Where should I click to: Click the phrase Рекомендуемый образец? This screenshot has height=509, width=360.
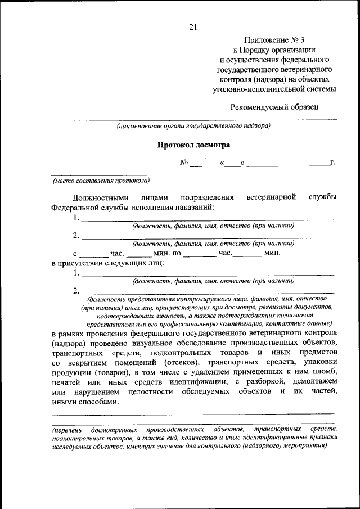[274, 107]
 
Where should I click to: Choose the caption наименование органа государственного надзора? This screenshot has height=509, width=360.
[193, 126]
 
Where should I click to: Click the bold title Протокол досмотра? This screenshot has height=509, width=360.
[193, 145]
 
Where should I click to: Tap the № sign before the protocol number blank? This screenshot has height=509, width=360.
[184, 163]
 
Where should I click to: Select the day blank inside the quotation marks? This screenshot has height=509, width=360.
[232, 164]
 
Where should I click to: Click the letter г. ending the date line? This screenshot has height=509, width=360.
[332, 163]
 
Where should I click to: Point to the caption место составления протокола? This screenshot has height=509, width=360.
[101, 181]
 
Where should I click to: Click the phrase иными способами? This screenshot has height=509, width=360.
[85, 401]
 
